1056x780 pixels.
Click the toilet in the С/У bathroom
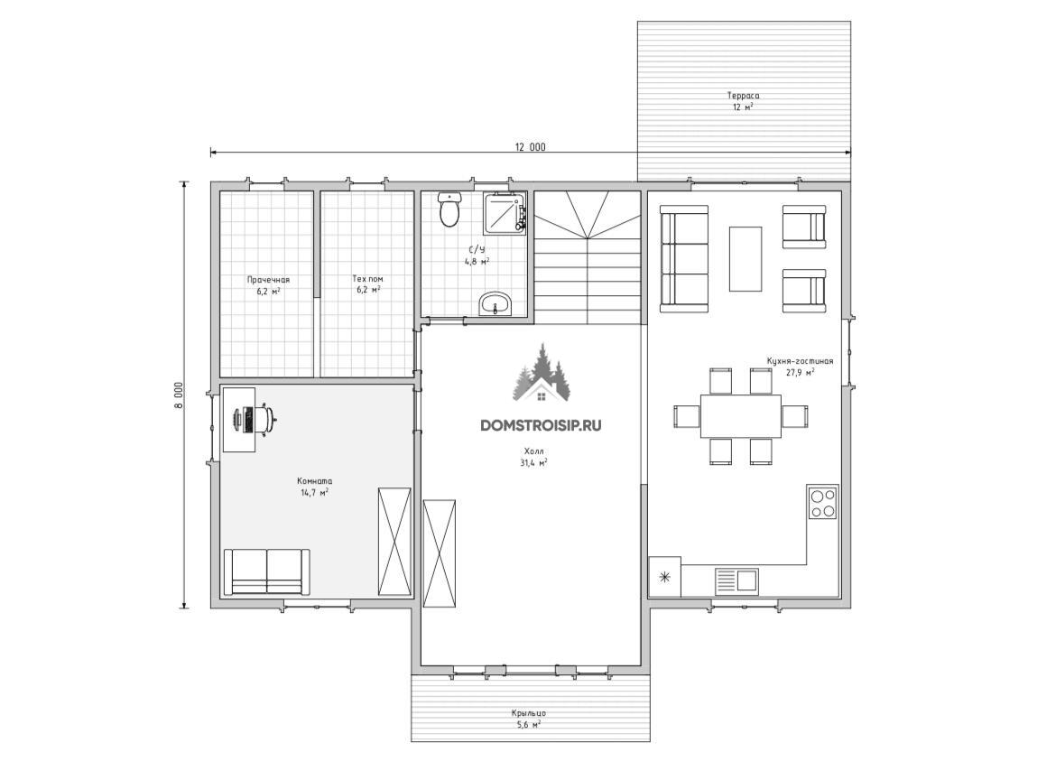[449, 209]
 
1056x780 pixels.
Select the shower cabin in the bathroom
[505, 213]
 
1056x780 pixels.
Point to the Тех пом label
[367, 279]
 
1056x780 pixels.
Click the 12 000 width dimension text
[531, 147]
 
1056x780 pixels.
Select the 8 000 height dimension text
[179, 395]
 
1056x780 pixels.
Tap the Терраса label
[743, 96]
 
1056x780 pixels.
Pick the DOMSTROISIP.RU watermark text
[541, 425]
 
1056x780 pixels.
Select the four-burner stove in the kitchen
[823, 503]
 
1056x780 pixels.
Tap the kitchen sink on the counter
[736, 580]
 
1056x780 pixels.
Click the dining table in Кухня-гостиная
[741, 416]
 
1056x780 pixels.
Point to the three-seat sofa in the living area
[684, 259]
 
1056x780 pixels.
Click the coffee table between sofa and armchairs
[746, 259]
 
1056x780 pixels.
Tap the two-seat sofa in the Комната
[266, 571]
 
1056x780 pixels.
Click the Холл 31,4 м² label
[533, 457]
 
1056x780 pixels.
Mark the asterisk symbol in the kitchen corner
[664, 577]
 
